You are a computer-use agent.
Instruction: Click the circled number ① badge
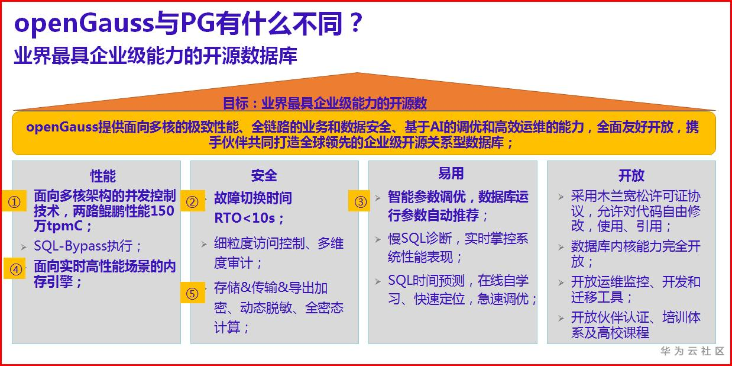pyautogui.click(x=14, y=201)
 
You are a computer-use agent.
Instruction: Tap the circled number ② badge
pyautogui.click(x=193, y=201)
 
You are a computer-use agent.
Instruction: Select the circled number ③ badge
pyautogui.click(x=360, y=201)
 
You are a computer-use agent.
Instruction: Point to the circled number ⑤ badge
pyautogui.click(x=193, y=293)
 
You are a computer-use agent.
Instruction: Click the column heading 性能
pyautogui.click(x=103, y=176)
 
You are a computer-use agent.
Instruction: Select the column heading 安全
pyautogui.click(x=264, y=175)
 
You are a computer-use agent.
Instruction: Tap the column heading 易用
pyautogui.click(x=451, y=173)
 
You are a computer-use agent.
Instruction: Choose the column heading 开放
pyautogui.click(x=631, y=175)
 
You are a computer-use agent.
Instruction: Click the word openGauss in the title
pyautogui.click(x=84, y=23)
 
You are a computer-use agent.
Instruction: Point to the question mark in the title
pyautogui.click(x=355, y=23)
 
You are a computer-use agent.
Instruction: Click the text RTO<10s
pyautogui.click(x=245, y=218)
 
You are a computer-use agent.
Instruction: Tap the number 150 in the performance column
pyautogui.click(x=162, y=211)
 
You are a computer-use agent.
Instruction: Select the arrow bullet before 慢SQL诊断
pyautogui.click(x=378, y=239)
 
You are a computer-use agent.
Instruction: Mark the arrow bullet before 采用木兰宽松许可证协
pyautogui.click(x=561, y=197)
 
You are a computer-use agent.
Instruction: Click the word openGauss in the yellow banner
pyautogui.click(x=62, y=127)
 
